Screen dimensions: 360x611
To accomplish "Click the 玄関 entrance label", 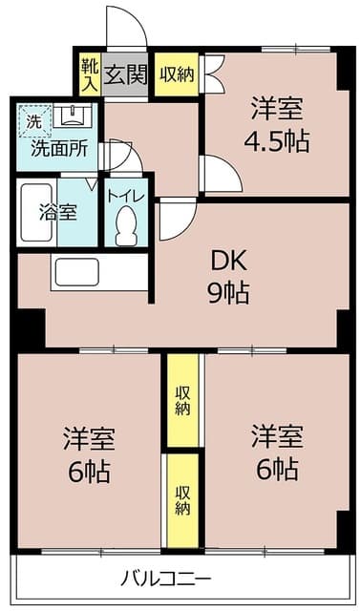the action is [125, 74].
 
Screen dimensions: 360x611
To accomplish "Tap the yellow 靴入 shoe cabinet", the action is [90, 74].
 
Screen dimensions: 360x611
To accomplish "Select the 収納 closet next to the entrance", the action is [177, 74].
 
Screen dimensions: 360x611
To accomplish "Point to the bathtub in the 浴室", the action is [36, 212].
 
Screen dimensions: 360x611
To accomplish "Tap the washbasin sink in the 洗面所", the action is [73, 116].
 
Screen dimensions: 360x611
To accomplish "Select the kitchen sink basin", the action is [76, 272].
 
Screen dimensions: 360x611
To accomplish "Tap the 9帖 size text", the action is [228, 293].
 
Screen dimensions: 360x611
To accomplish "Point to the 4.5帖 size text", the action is [277, 141].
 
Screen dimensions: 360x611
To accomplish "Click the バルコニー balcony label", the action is [165, 579].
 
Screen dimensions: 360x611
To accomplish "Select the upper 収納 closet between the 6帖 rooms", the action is [182, 401].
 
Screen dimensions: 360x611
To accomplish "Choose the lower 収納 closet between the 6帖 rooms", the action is [182, 500].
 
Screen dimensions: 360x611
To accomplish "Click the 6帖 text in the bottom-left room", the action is [90, 471].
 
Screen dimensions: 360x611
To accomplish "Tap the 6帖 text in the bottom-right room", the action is [277, 469].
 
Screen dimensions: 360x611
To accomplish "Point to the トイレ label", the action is [126, 196].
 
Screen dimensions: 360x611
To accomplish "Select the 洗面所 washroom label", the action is [59, 148].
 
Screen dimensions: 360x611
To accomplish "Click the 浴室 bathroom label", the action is [58, 212].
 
